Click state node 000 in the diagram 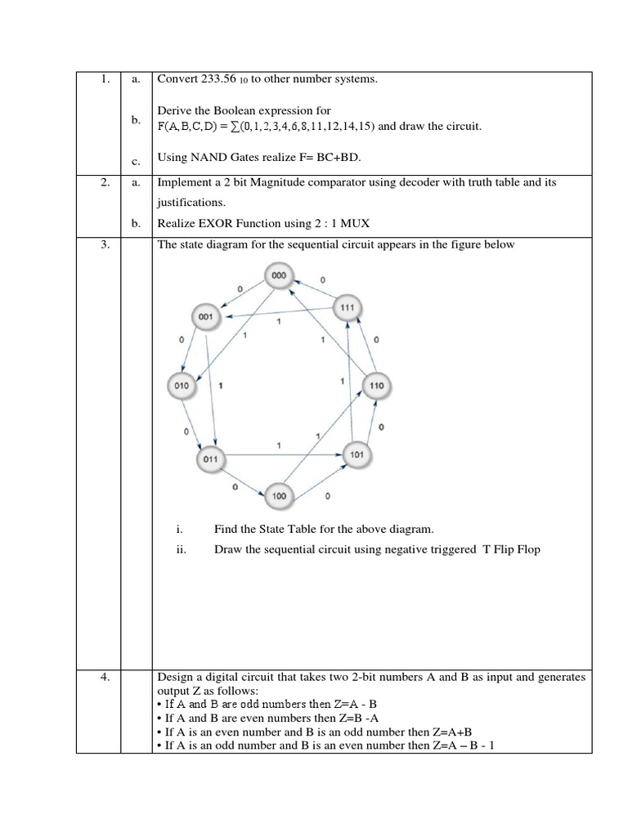(280, 278)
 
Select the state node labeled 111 (348, 308)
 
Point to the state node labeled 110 (377, 386)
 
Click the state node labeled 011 (211, 459)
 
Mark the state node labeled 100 (279, 496)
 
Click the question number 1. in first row (105, 79)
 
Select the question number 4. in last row (105, 677)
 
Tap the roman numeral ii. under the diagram (182, 550)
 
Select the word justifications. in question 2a (191, 202)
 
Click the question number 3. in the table (105, 244)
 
